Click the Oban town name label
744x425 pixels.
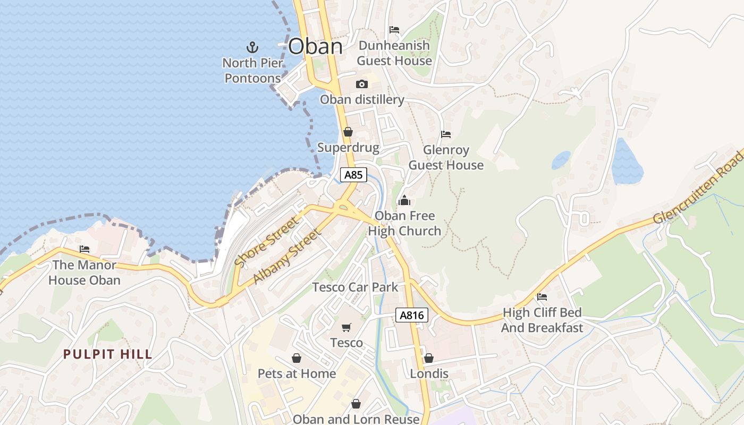[315, 46]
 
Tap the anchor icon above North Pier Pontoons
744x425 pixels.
[253, 47]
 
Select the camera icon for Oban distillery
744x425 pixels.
[362, 84]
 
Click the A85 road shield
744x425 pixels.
[354, 175]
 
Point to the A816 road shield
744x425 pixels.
[412, 315]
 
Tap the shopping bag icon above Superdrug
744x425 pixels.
[348, 132]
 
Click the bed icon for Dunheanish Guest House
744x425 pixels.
[394, 29]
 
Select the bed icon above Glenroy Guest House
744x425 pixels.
[446, 134]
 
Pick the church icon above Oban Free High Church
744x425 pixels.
[404, 200]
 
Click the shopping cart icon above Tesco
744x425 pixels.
[346, 327]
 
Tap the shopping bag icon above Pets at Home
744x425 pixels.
[297, 358]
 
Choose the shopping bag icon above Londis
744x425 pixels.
[429, 358]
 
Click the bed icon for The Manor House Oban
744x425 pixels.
[84, 249]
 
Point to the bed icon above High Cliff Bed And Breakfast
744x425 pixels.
[542, 296]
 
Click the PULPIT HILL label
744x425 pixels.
[108, 354]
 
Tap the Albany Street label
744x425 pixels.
[287, 256]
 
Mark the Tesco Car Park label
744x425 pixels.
[355, 287]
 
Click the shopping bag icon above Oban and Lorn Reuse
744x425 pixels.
[356, 404]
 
